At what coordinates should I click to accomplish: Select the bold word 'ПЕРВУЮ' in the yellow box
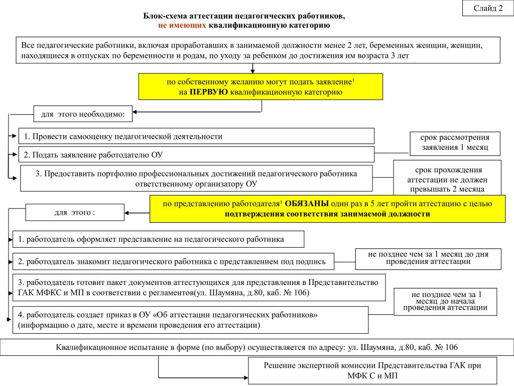coord(209,92)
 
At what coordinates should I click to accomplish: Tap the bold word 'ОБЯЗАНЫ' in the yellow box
coord(307,204)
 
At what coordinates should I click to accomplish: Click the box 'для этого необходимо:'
coord(82,115)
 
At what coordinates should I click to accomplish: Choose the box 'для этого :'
coord(74,212)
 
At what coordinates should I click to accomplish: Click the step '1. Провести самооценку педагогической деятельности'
coord(196,136)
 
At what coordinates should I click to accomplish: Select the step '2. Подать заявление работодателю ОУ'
coord(196,155)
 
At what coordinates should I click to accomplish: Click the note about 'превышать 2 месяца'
coord(447,179)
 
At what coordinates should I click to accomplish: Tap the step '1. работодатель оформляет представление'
coord(159,239)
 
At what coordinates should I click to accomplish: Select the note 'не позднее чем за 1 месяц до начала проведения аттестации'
coord(445,301)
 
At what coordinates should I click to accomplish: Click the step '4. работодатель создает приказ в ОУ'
coord(190,320)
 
